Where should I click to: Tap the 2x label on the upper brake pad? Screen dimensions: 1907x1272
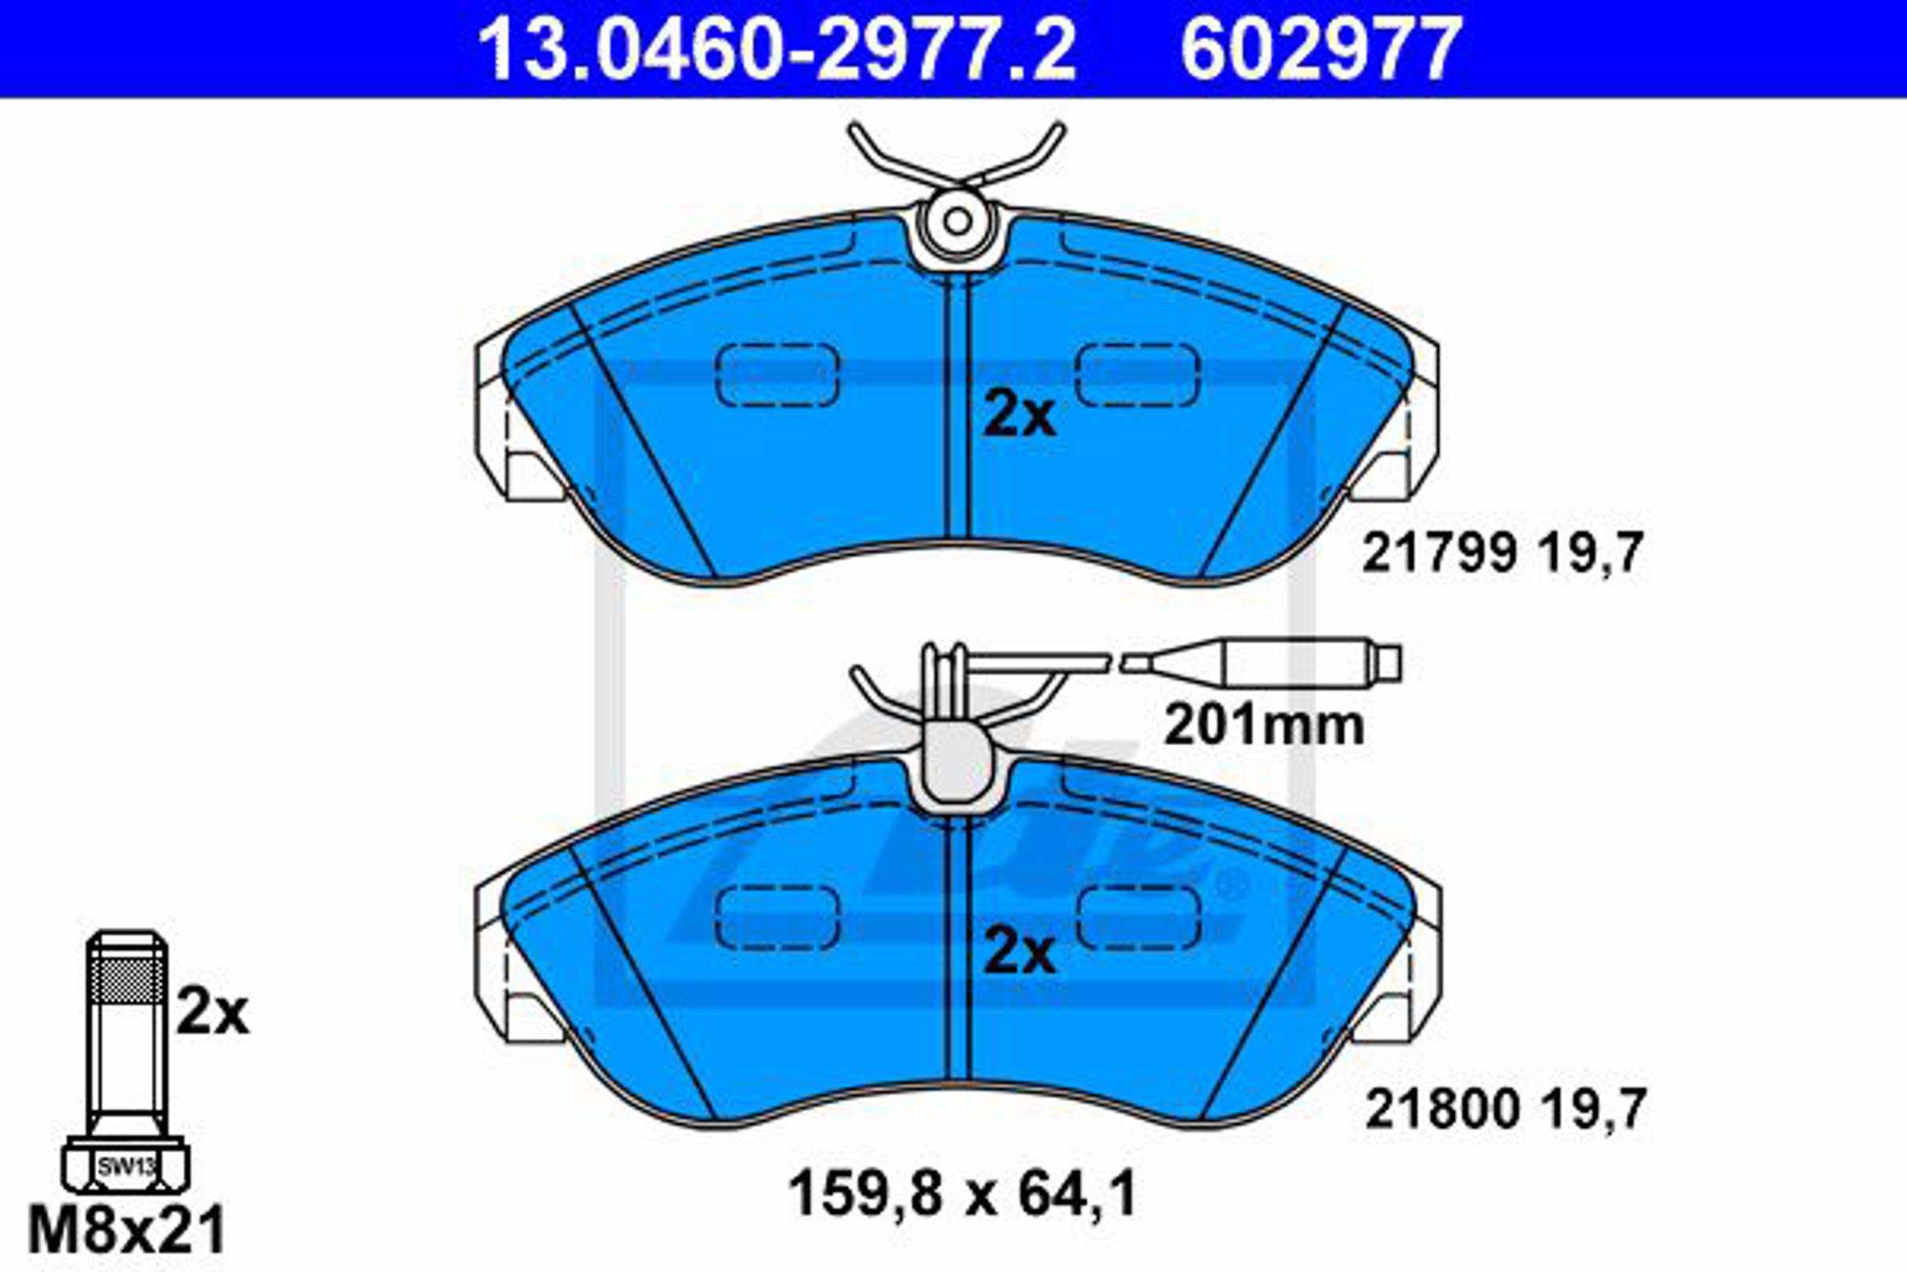pyautogui.click(x=1019, y=414)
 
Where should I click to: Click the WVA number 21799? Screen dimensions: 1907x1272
pyautogui.click(x=1438, y=553)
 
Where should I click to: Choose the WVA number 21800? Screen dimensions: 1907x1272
pyautogui.click(x=1441, y=1109)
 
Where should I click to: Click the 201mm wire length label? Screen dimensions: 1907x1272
pyautogui.click(x=1264, y=724)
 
